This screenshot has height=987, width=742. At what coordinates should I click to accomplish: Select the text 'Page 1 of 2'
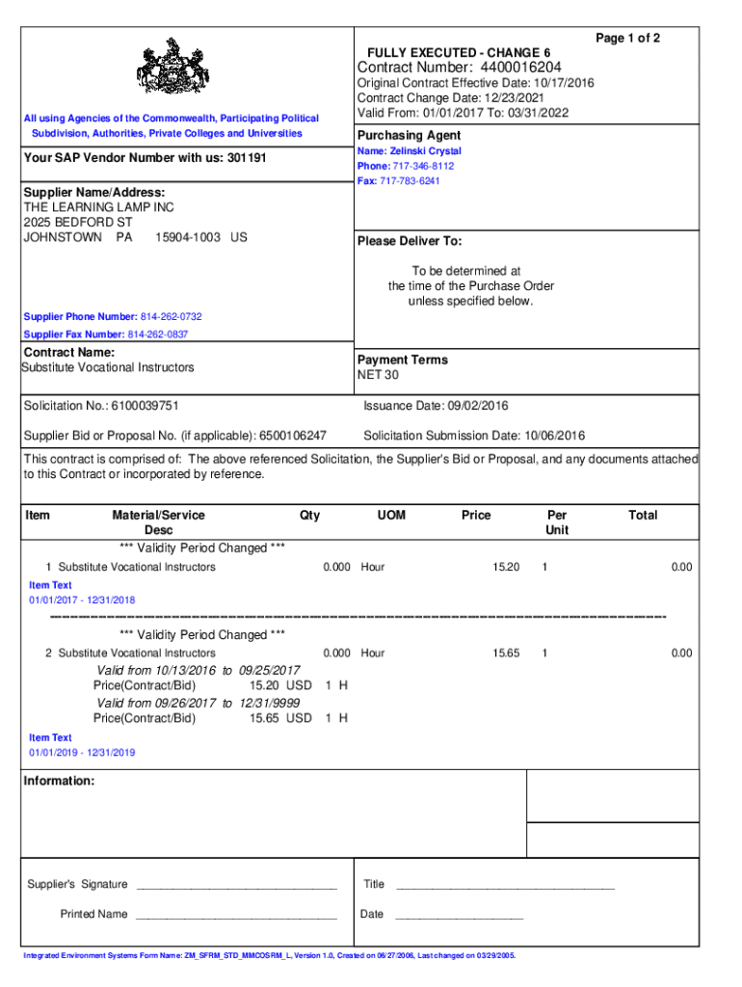(627, 39)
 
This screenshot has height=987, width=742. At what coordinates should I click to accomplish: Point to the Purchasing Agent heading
(409, 135)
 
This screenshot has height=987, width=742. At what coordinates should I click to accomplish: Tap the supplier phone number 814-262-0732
(172, 317)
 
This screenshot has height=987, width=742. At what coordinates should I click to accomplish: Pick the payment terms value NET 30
(379, 375)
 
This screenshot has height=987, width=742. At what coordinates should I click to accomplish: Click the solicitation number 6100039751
(145, 406)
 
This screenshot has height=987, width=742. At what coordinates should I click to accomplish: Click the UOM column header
(391, 516)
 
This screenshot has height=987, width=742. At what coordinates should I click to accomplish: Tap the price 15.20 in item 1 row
(506, 567)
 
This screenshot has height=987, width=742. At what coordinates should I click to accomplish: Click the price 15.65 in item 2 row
(506, 654)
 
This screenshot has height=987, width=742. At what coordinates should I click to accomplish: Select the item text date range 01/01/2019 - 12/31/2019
(82, 753)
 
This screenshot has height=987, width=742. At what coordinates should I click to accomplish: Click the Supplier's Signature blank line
(236, 885)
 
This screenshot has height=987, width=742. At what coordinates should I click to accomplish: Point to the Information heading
(59, 781)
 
